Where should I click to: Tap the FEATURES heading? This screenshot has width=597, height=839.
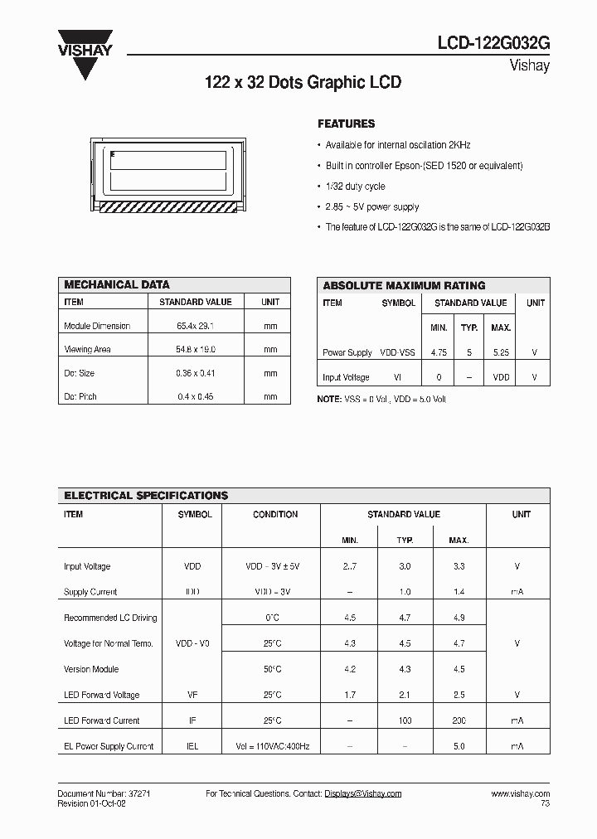347,124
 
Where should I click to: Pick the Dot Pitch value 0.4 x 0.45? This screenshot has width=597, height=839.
196,396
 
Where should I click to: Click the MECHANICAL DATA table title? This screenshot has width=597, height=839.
117,284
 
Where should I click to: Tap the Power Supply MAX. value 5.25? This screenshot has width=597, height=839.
501,352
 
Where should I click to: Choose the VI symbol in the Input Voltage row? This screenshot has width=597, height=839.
398,377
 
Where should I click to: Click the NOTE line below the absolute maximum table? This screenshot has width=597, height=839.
381,399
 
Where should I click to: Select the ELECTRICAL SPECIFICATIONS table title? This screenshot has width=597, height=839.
146,495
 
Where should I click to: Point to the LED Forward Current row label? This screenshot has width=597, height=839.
102,720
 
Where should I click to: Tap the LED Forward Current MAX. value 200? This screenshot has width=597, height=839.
459,720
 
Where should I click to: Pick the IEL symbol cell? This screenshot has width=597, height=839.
192,746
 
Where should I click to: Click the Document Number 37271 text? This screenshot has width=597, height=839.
103,793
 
